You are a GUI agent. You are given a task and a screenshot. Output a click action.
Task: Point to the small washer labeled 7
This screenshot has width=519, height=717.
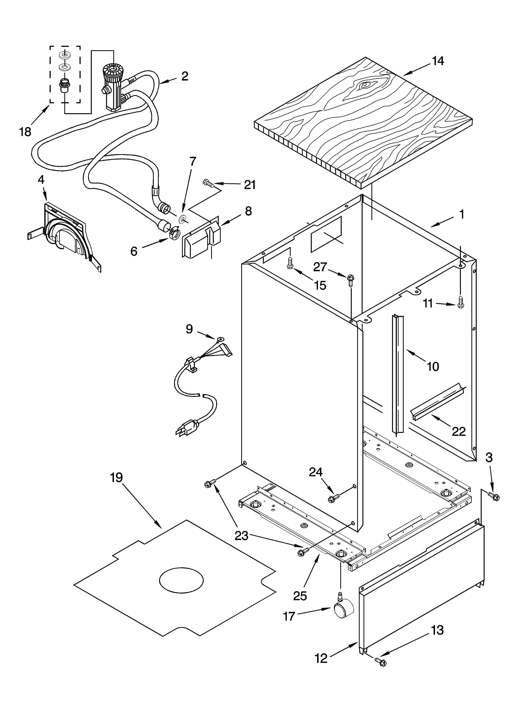click(x=183, y=219)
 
